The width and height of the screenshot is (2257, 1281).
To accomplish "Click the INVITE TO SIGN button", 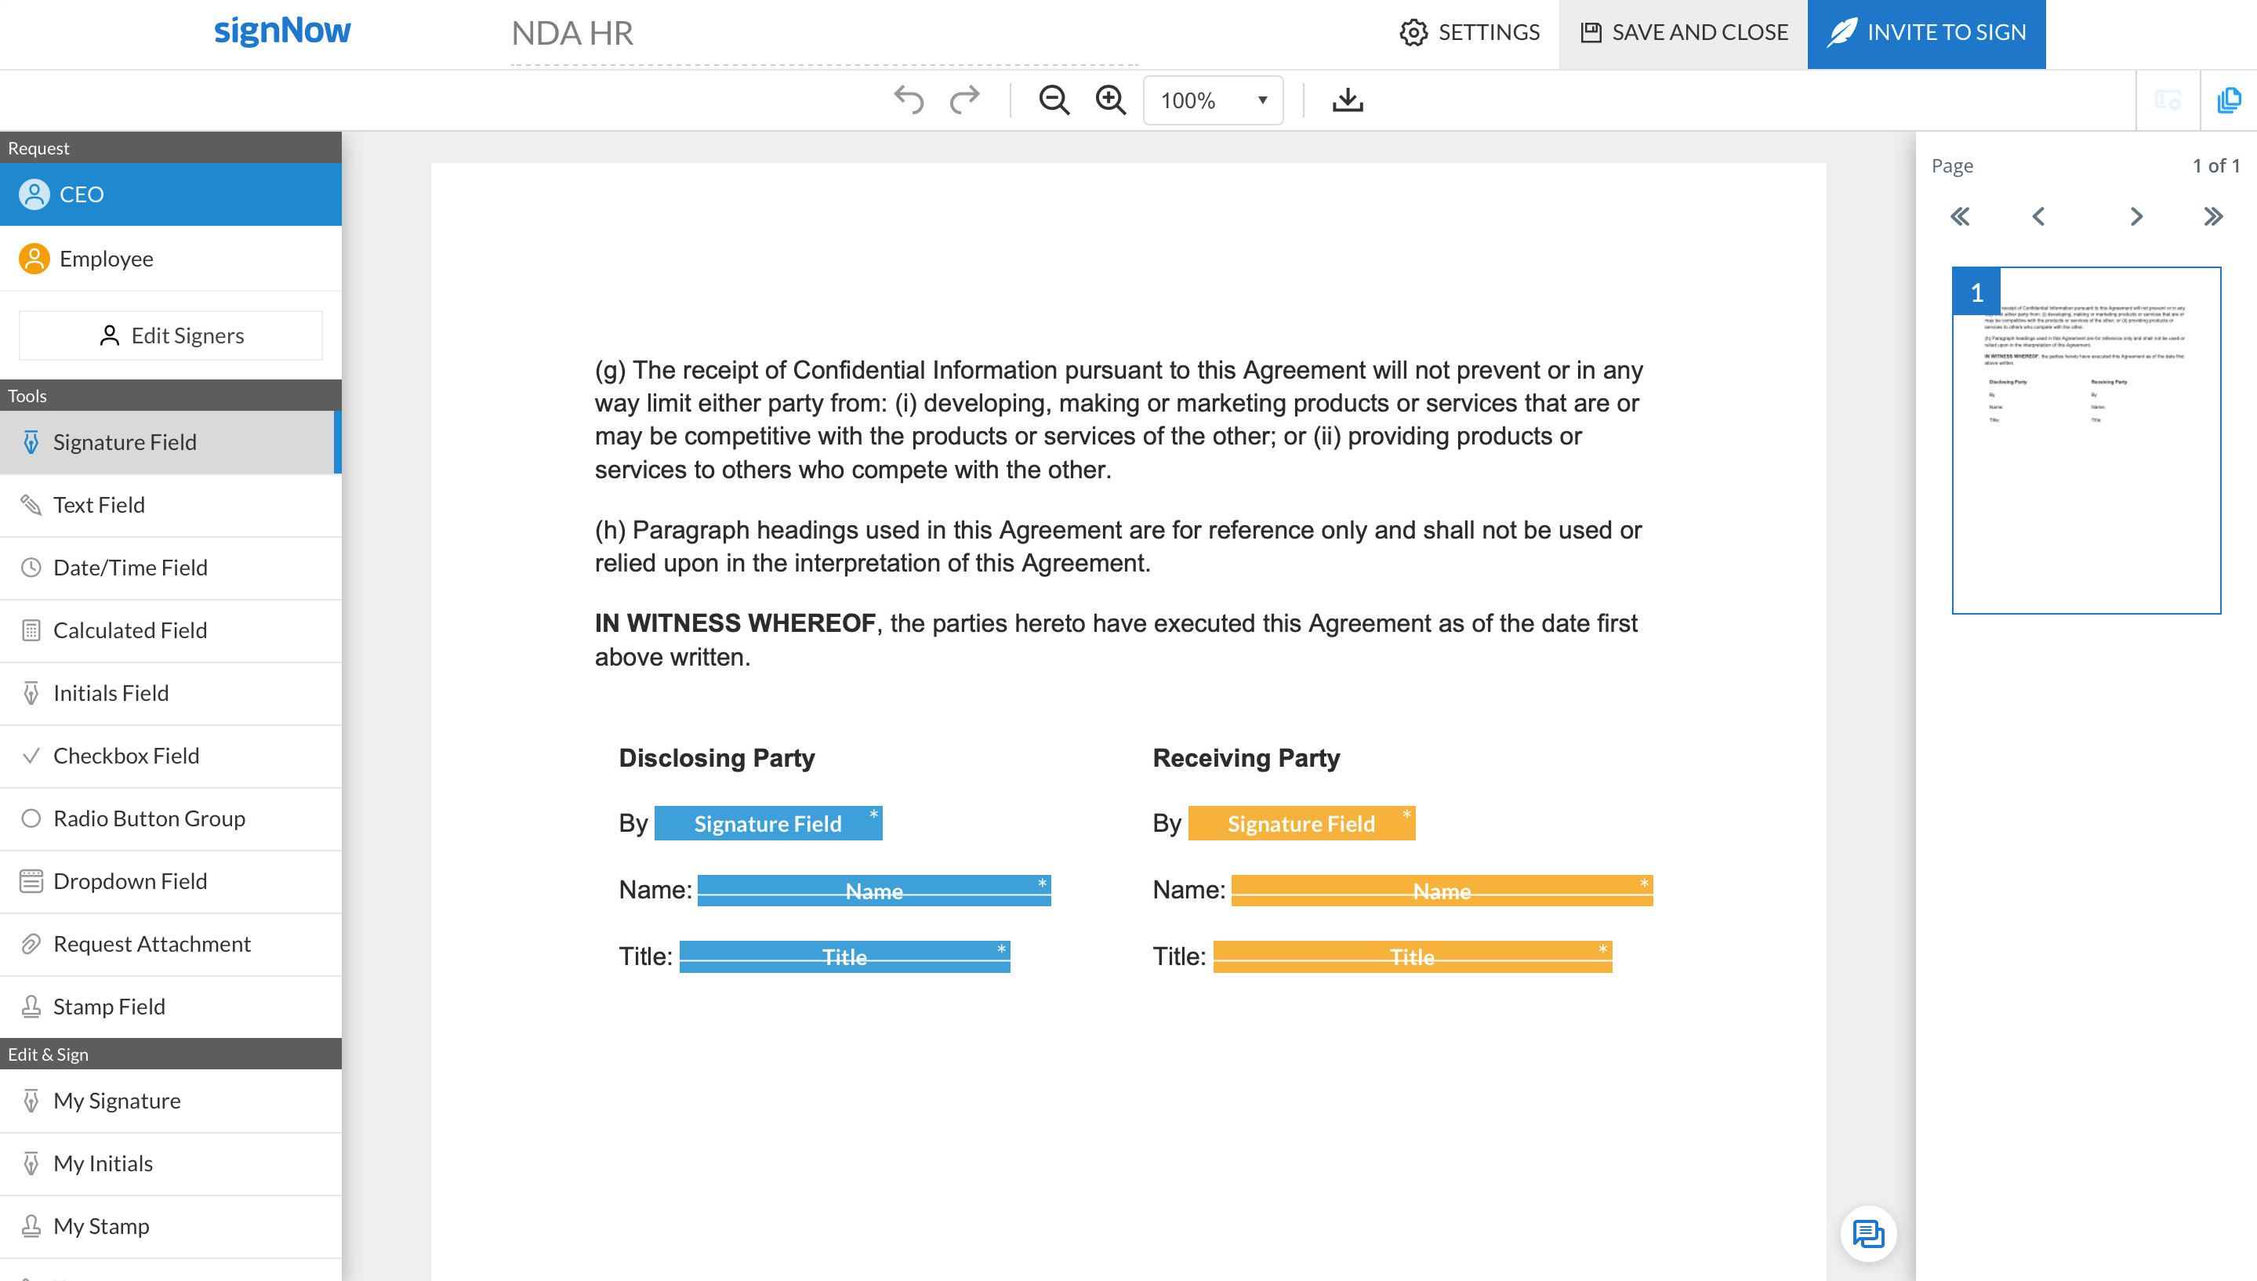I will tap(1925, 33).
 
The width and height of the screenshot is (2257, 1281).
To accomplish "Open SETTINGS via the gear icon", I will tap(1413, 33).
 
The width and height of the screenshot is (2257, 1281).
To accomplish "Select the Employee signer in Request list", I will tap(106, 259).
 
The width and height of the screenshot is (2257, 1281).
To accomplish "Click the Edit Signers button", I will tap(171, 336).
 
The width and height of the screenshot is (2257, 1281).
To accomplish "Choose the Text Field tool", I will tap(99, 505).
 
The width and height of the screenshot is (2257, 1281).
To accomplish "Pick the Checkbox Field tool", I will tap(125, 756).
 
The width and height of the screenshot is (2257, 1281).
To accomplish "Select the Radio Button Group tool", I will tap(149, 818).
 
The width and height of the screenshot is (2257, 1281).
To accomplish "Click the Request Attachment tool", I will tap(151, 944).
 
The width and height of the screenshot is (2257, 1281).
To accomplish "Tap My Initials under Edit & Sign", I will tap(103, 1163).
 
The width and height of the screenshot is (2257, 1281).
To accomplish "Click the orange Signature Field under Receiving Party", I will tap(1301, 823).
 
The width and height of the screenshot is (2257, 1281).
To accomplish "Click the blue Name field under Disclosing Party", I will tap(873, 891).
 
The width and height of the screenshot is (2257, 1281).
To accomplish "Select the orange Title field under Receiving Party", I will tap(1412, 956).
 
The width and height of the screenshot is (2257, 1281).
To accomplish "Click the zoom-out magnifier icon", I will tap(1053, 100).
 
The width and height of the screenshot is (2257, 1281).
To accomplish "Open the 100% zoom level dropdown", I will tap(1212, 100).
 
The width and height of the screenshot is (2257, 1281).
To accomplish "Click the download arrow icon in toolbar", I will tap(1347, 100).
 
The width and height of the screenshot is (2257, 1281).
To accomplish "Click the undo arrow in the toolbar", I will tap(909, 100).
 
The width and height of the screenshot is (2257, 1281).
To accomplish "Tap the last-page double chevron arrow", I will tap(2213, 216).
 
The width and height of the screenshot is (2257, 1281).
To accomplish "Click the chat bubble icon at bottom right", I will tap(1867, 1233).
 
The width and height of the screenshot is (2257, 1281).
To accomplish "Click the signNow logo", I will tap(282, 31).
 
